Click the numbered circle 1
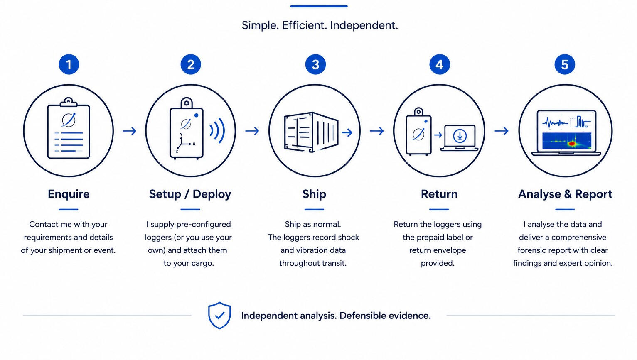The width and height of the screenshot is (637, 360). (69, 64)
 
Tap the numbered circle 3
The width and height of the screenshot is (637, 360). (315, 64)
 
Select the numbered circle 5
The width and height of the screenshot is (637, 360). (565, 64)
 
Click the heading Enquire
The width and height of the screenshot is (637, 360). (69, 194)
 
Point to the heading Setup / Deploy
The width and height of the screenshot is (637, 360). (190, 194)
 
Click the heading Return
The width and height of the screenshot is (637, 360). (439, 194)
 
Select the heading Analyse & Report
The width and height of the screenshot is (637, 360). (566, 194)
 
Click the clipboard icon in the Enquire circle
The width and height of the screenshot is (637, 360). (69, 128)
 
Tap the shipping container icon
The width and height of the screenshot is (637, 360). (311, 132)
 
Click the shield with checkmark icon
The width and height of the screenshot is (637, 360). (219, 316)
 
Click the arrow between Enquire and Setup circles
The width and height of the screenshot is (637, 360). (130, 131)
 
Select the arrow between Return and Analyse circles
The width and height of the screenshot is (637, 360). (502, 131)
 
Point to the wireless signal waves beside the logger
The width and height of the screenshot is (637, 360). (218, 131)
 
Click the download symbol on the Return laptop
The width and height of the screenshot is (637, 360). (460, 136)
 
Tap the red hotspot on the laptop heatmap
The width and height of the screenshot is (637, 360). (571, 144)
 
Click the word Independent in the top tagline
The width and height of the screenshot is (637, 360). (364, 26)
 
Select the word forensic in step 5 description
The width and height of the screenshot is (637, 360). (530, 250)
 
